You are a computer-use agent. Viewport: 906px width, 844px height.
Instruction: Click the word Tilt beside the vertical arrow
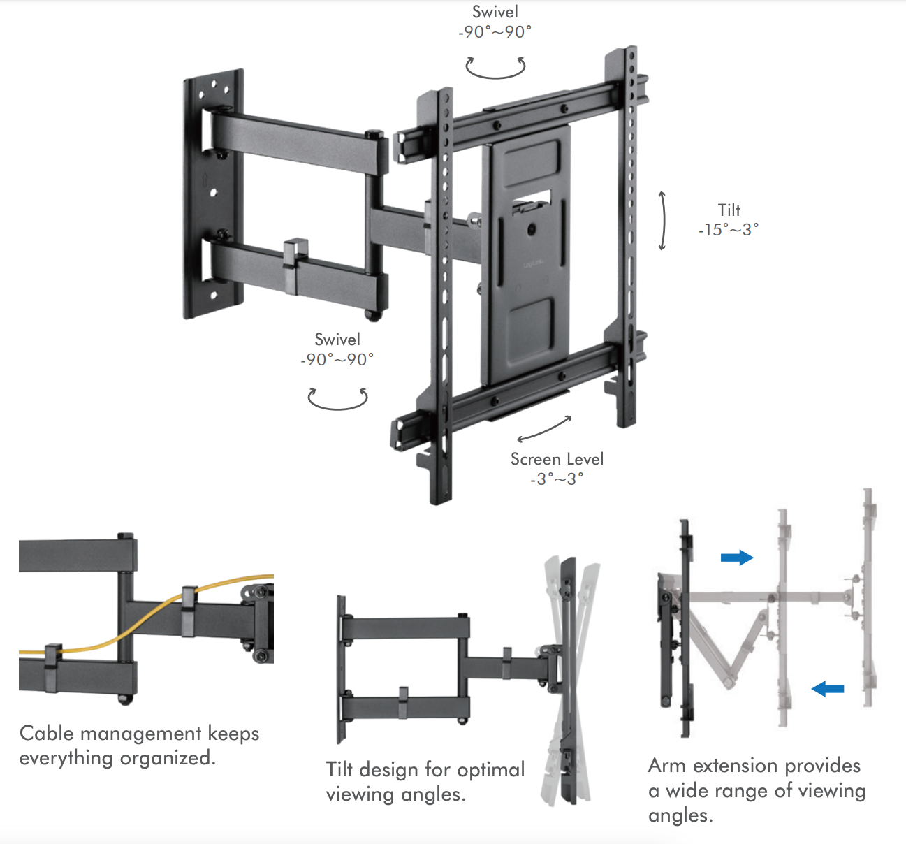(x=729, y=210)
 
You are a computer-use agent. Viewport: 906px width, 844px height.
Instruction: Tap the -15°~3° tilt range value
(x=729, y=230)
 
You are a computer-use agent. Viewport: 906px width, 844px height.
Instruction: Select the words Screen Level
(x=557, y=459)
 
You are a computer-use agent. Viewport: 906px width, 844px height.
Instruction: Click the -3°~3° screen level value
(x=557, y=479)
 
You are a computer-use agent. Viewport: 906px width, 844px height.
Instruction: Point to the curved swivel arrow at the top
(x=495, y=68)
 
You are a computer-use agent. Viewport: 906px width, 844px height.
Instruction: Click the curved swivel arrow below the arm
(x=337, y=399)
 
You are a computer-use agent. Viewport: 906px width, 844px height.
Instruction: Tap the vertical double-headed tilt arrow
(x=662, y=220)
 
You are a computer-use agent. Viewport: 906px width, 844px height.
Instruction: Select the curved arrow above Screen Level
(x=544, y=430)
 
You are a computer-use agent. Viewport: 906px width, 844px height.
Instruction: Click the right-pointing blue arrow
(x=737, y=557)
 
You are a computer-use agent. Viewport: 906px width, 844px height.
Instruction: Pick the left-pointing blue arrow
(x=828, y=689)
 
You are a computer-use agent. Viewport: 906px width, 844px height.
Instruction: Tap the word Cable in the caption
(x=46, y=734)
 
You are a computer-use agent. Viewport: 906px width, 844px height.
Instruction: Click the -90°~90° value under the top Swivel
(x=495, y=32)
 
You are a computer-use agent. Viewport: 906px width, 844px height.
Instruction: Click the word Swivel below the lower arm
(x=337, y=340)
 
